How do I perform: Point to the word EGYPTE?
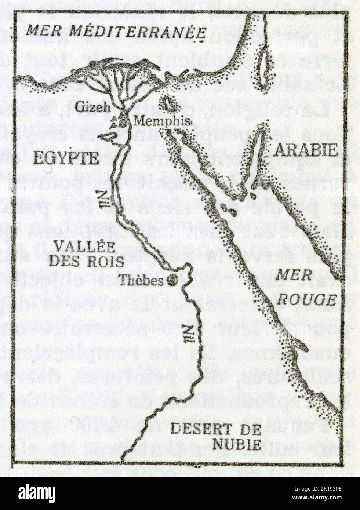click(66, 158)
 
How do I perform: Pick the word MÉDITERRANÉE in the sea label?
click(138, 31)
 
